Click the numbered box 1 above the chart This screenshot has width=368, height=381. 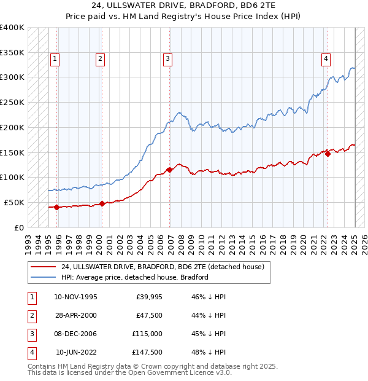click(x=55, y=59)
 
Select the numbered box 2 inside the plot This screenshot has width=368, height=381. click(x=100, y=59)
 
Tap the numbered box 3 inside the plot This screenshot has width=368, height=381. click(x=167, y=59)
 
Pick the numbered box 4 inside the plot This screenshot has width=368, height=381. click(x=326, y=59)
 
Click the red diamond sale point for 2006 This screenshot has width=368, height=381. click(x=169, y=170)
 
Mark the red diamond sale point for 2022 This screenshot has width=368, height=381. click(x=328, y=154)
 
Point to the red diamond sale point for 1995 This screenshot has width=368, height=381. click(x=57, y=207)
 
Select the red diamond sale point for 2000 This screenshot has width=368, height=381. click(x=102, y=203)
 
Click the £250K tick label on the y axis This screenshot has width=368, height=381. click(x=12, y=102)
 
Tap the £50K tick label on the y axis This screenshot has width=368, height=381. click(x=15, y=202)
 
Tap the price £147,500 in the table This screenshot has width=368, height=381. click(x=148, y=352)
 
